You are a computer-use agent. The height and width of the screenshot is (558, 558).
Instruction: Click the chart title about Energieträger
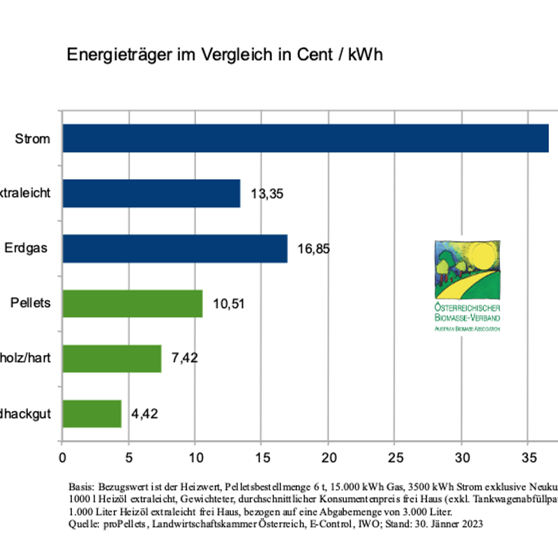tap(225, 55)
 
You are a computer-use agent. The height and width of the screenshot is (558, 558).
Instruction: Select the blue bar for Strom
tap(306, 138)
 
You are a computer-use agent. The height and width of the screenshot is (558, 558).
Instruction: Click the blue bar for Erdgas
tap(175, 248)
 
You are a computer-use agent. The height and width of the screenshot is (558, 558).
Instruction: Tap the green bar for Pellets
tap(133, 303)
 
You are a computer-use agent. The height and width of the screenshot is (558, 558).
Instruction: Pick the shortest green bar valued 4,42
tap(92, 414)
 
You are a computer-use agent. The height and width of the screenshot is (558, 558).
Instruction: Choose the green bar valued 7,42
tap(112, 359)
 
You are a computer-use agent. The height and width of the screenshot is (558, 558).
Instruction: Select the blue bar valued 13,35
tap(151, 193)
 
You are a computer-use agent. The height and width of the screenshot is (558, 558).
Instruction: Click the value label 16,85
tap(313, 249)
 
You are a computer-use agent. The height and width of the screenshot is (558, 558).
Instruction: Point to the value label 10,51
tap(228, 304)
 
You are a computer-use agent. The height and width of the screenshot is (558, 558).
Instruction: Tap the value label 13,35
tap(266, 194)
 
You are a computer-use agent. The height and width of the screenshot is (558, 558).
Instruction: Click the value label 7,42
tap(185, 359)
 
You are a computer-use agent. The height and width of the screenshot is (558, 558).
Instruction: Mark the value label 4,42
tap(144, 414)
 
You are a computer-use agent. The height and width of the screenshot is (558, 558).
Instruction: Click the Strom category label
tap(33, 138)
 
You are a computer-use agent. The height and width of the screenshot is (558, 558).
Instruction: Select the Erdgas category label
tap(26, 248)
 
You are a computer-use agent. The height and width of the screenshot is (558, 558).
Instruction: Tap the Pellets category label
tap(30, 303)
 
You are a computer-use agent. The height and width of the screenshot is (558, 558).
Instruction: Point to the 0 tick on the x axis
tap(63, 458)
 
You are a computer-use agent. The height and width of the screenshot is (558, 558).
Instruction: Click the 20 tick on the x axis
tap(328, 458)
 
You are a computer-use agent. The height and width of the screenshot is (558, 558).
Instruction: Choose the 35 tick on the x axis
tap(527, 458)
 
